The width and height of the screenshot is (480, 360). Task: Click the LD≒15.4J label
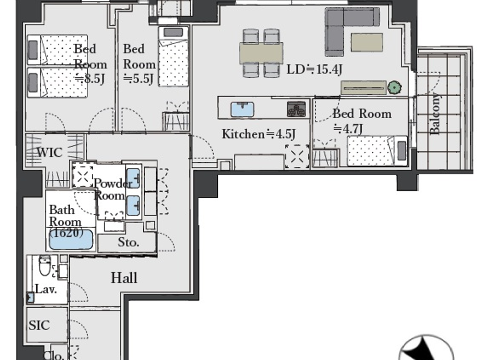coord(314,70)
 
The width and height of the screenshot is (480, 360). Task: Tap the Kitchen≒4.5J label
coord(259,134)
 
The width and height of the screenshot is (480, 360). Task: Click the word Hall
coord(124,278)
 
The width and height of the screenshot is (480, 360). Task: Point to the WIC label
coord(49,152)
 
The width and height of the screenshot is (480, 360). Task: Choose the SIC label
coord(39,325)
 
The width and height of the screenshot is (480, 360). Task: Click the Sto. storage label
coord(128,242)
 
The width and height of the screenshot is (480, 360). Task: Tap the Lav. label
coord(46,289)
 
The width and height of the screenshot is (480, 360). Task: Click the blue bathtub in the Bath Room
coord(71,240)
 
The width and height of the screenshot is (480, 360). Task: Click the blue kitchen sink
coord(242,109)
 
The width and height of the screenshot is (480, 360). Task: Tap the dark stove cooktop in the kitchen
coord(296,109)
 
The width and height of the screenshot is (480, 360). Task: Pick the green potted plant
coord(394,88)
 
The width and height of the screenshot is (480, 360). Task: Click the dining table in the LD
coord(261,53)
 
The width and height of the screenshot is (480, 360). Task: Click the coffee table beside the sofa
coord(367,42)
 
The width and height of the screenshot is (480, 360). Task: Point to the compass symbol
coord(426,350)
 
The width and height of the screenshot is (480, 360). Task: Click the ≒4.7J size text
coord(348,129)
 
